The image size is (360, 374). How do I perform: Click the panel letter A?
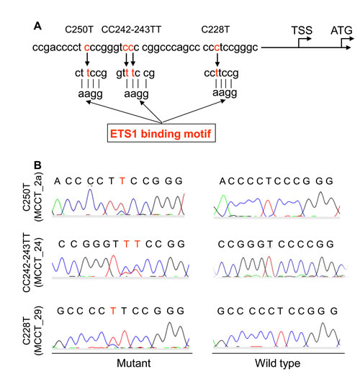(x=37, y=26)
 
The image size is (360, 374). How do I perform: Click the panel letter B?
(x=37, y=165)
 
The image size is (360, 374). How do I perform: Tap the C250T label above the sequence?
(x=79, y=29)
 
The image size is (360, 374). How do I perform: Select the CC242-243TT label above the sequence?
(x=131, y=29)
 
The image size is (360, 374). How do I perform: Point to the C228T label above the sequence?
(x=215, y=29)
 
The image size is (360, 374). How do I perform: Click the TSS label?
(x=302, y=30)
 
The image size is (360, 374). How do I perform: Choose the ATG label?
(x=341, y=30)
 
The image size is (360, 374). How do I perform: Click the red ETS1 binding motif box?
(x=161, y=133)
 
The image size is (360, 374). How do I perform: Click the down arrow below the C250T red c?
(x=87, y=59)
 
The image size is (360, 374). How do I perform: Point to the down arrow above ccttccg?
(x=217, y=60)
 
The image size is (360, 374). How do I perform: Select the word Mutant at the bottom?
(x=134, y=363)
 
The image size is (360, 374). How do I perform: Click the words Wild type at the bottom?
(x=277, y=363)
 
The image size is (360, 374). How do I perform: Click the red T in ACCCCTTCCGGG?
(x=122, y=181)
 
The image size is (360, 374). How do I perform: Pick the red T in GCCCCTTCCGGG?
(x=113, y=311)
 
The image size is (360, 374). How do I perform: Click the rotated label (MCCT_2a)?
(x=38, y=196)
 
